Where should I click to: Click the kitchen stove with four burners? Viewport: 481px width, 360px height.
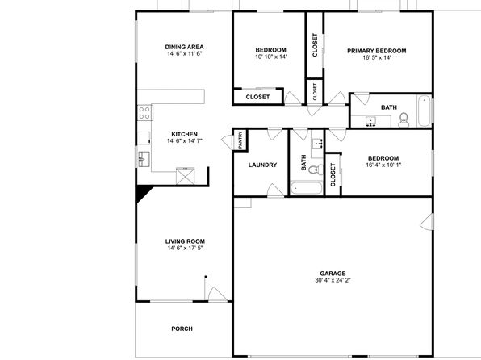(x=144, y=112)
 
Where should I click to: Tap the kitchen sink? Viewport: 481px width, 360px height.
(x=144, y=159)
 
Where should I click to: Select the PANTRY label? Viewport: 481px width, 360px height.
(x=240, y=140)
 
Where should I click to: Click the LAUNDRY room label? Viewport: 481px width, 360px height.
(x=262, y=165)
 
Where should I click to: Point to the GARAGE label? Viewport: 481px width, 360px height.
(x=333, y=273)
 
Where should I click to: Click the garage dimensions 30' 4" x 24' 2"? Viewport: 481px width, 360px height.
(x=333, y=280)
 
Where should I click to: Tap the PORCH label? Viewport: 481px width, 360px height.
(x=182, y=329)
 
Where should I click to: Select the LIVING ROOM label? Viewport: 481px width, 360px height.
(x=185, y=241)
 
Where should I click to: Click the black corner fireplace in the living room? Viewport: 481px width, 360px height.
(x=143, y=193)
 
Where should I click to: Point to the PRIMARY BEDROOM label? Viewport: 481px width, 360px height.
(x=377, y=51)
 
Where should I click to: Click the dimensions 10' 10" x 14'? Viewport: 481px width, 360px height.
(x=271, y=57)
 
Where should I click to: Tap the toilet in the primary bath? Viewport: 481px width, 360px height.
(x=404, y=119)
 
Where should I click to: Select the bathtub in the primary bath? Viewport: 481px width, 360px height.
(x=425, y=111)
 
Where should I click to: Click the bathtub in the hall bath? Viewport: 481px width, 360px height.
(x=306, y=188)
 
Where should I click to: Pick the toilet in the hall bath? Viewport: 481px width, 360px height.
(x=316, y=170)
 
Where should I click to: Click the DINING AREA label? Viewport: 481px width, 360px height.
(x=184, y=47)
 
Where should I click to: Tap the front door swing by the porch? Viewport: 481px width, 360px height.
(x=217, y=294)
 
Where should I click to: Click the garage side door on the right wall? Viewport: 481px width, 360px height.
(x=427, y=222)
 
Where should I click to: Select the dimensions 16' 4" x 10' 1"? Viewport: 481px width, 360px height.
(x=383, y=165)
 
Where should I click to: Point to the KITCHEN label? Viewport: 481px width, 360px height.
(x=184, y=134)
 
